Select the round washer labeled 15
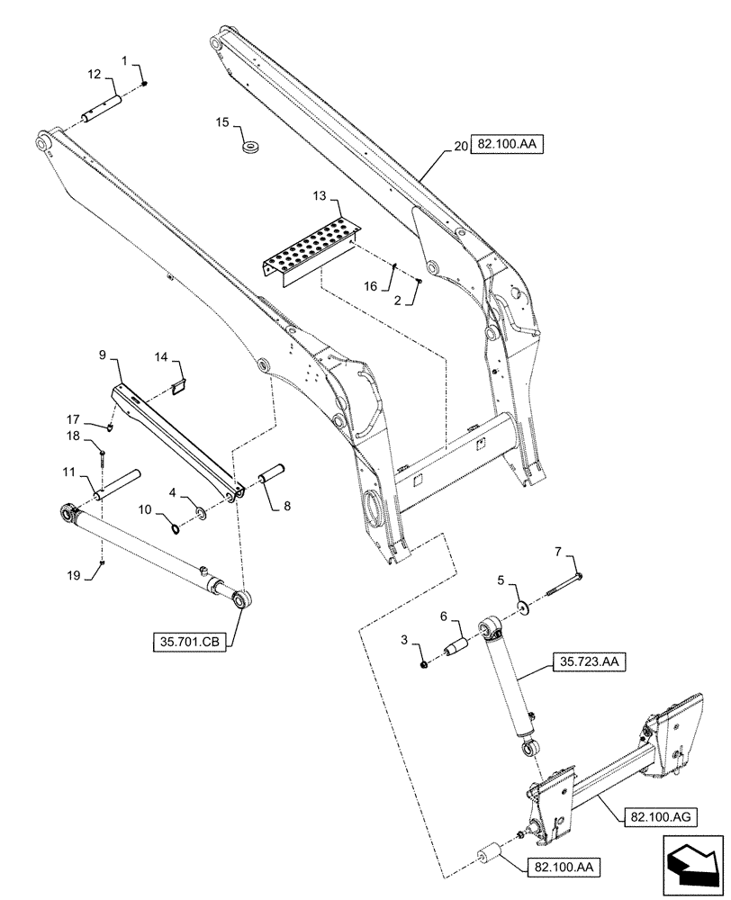tap(249, 146)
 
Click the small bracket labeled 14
tap(178, 388)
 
